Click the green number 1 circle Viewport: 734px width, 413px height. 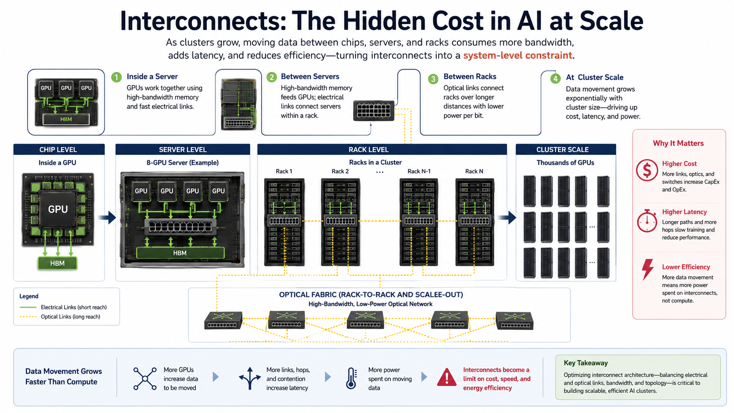point(116,77)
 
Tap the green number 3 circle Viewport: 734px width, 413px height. point(433,79)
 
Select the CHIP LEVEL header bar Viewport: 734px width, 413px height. point(59,149)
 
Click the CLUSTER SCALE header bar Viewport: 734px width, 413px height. point(565,149)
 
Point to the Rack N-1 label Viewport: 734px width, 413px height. point(419,171)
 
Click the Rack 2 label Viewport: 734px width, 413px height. point(340,171)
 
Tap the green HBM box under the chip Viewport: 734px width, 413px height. point(58,263)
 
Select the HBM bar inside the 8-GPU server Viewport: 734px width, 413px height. point(180,253)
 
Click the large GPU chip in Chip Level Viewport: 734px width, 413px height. point(58,209)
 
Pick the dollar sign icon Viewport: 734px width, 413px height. point(647,170)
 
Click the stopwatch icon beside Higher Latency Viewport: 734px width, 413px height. point(647,221)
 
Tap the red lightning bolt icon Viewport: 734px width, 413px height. point(648,269)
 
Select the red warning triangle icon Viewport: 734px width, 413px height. point(446,377)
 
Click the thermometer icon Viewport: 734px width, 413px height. point(351,378)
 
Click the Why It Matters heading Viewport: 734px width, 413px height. point(678,143)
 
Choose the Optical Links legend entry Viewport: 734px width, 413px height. point(60,317)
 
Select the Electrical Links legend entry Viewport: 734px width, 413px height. point(63,307)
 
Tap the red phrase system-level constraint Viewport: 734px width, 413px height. point(518,55)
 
